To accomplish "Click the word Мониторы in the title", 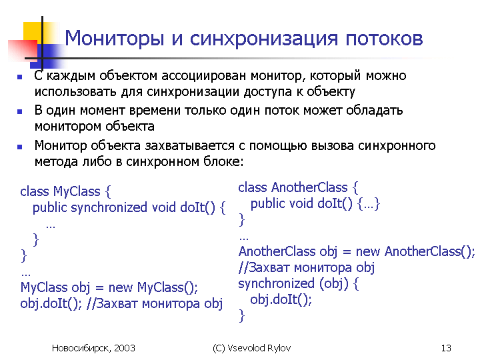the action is (x=115, y=39).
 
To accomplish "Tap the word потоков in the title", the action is (x=385, y=38).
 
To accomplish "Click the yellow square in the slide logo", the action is (x=33, y=33).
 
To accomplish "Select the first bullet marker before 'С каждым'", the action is (x=20, y=77).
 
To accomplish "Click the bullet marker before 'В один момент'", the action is (x=20, y=112).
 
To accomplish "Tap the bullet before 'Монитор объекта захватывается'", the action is (x=20, y=147).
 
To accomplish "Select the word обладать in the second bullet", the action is (x=375, y=110).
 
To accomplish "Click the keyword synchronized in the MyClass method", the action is (x=109, y=208).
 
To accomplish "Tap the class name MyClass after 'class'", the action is (x=77, y=191).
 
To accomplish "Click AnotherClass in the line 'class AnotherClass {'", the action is (x=309, y=187).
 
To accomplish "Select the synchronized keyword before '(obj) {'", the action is (x=277, y=284).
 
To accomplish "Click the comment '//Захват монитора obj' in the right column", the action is (x=307, y=268).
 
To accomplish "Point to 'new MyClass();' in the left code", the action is (x=153, y=287).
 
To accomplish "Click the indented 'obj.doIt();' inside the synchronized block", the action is (x=281, y=299).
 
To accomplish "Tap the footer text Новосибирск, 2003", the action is (x=93, y=348).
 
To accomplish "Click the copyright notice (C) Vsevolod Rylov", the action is (x=251, y=348).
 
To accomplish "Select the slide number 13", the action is (x=446, y=348).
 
